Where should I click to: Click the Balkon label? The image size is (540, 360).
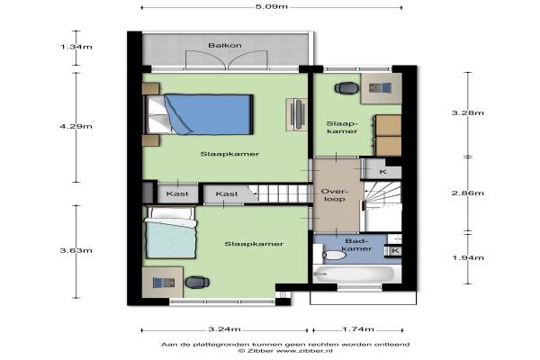point(225,46)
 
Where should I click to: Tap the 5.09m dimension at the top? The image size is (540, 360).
point(272,6)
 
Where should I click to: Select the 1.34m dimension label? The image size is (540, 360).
point(76,47)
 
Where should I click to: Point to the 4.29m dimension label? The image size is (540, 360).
point(76,126)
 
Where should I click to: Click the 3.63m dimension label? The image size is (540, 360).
point(76,250)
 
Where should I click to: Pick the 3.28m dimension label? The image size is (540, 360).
point(468,113)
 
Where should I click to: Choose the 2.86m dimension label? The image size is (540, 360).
point(468,193)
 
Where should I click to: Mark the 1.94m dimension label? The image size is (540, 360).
point(468,257)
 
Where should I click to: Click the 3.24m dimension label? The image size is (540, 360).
point(224,329)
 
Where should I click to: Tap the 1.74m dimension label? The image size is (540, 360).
point(358,329)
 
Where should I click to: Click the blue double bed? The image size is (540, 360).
point(199,114)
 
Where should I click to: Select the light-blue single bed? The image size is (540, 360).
point(171,232)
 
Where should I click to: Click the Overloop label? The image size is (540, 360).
point(335,195)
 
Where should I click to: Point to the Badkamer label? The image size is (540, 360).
point(356,245)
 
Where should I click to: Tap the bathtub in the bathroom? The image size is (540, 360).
point(355,274)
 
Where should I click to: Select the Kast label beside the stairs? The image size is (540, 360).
point(227,194)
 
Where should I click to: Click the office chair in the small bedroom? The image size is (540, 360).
point(346,88)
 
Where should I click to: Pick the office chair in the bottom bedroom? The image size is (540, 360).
point(197,282)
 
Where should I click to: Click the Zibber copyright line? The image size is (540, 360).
point(285,351)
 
